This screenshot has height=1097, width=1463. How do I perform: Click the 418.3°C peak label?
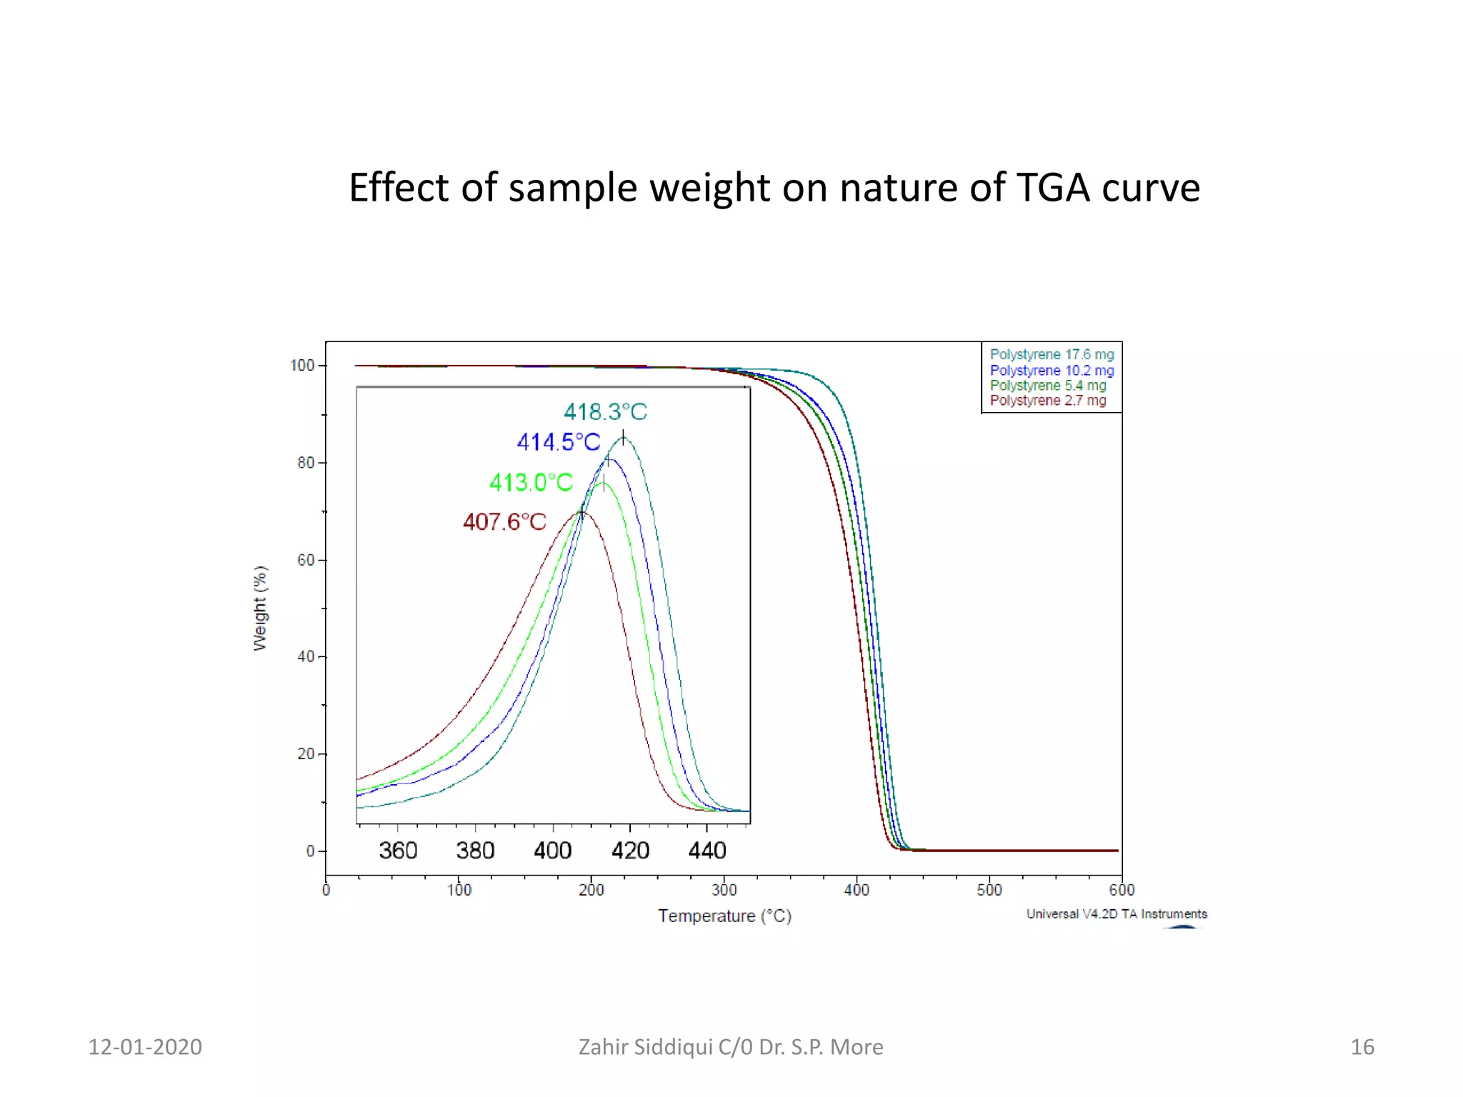(605, 412)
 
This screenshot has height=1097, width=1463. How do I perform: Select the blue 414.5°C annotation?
(559, 442)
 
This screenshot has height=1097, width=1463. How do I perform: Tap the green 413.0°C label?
(531, 483)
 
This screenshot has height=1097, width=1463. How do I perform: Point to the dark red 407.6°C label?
(504, 522)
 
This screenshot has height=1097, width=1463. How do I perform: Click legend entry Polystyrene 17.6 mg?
(1052, 355)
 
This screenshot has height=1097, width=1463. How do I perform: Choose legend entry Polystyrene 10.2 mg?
(1052, 371)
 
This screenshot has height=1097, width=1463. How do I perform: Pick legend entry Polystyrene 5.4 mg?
(1048, 386)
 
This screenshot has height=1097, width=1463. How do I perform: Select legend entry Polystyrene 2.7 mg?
(1048, 401)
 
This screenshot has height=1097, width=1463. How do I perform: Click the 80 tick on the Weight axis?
(306, 463)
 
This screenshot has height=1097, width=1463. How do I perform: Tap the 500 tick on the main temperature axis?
(989, 890)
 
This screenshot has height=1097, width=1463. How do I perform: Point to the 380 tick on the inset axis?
(475, 851)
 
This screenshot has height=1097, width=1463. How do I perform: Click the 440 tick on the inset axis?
(707, 851)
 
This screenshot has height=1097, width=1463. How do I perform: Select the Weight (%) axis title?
(260, 608)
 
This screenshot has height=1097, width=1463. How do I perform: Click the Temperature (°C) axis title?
(724, 916)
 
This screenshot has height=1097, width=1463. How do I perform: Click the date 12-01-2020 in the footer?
(145, 1047)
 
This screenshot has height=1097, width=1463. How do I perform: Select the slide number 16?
(1362, 1047)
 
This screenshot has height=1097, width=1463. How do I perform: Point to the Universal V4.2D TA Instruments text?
(1117, 914)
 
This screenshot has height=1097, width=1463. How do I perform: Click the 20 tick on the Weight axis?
(306, 754)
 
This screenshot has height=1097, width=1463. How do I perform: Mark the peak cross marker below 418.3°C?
(623, 438)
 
